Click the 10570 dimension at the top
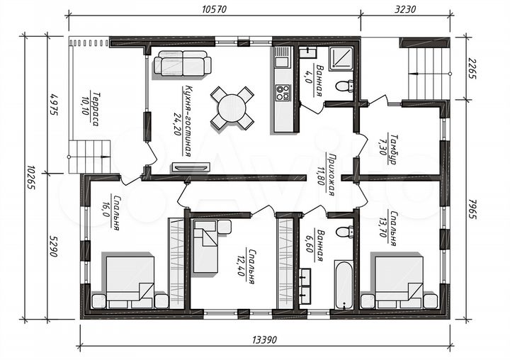[214, 9]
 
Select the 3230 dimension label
[405, 9]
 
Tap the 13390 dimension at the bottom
[264, 340]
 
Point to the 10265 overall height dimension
[31, 178]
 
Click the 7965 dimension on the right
[472, 208]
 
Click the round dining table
[232, 108]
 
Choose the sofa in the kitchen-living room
[183, 63]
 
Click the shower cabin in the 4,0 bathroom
[341, 58]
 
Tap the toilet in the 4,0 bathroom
[344, 86]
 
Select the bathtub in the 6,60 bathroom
[344, 284]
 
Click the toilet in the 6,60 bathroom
[345, 232]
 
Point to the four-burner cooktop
[283, 92]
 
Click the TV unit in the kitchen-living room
[191, 167]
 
